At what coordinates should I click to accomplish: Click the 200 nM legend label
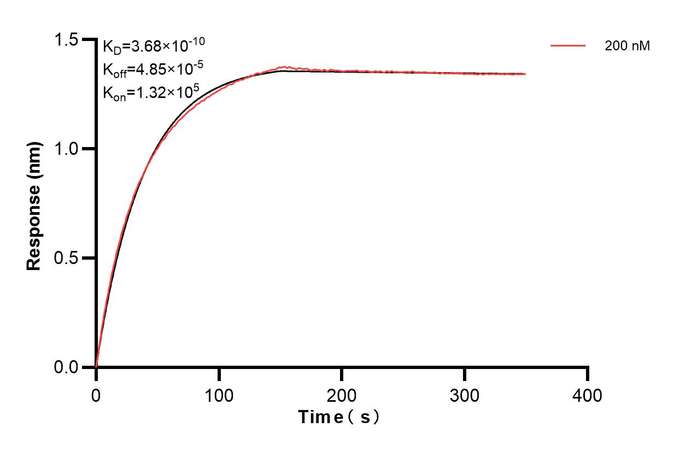coord(627,46)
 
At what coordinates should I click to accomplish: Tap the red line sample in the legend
coord(568,46)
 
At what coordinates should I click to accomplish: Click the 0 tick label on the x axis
coord(96,395)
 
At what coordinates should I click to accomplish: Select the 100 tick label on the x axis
coord(219,395)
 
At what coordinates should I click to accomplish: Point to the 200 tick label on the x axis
coord(342,395)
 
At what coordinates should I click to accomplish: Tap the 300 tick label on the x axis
coord(465,395)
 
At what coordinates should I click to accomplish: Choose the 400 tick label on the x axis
coord(588,395)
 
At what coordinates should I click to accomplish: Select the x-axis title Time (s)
coord(339,418)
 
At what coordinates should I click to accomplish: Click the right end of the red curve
coord(526,74)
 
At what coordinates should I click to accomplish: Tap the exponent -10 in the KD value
coord(196,40)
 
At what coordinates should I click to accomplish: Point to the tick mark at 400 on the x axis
coord(588,373)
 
